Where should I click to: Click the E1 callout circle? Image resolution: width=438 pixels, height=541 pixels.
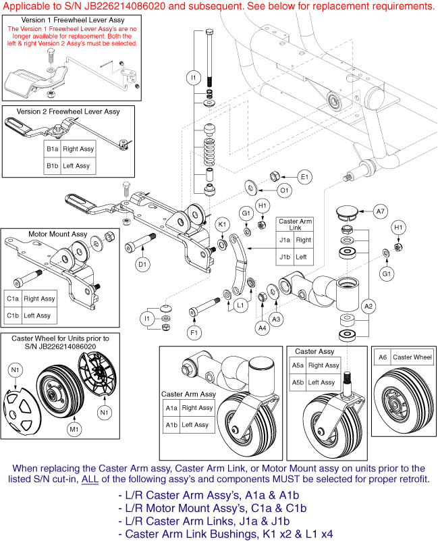304,177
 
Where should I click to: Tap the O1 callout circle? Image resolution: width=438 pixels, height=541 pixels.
285,190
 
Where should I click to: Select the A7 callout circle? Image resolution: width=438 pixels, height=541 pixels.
381,211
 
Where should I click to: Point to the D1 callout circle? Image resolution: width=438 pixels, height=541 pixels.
143,265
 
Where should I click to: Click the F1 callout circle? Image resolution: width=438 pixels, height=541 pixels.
194,332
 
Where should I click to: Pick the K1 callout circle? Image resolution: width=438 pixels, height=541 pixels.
222,224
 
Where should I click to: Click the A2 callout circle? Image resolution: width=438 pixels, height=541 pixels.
369,306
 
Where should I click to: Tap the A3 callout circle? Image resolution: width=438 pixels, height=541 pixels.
275,318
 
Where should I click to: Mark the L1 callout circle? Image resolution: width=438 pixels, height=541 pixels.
241,305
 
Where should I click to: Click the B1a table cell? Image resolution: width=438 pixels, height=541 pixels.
52,149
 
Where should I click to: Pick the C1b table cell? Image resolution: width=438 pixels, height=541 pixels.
13,315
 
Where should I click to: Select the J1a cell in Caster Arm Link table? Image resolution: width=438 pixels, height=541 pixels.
284,240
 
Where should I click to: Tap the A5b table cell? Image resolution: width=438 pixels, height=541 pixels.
298,382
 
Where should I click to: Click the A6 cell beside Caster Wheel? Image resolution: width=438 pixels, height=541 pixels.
383,357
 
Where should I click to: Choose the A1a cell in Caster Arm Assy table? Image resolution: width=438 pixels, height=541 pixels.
171,408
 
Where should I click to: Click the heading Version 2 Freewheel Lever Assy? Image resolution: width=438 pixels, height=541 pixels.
68,111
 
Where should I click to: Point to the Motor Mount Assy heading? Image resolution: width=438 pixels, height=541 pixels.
57,234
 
